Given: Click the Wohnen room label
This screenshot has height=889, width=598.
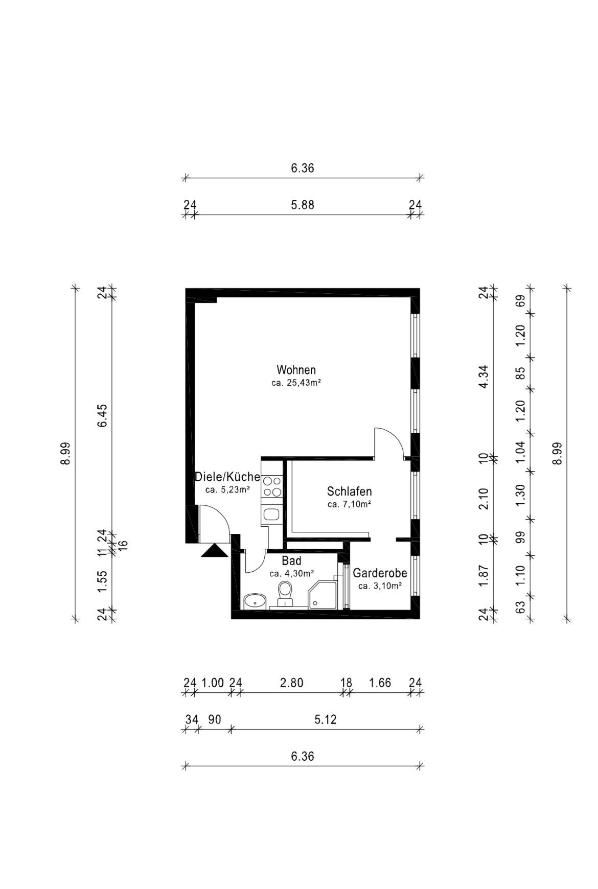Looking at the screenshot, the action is pyautogui.click(x=296, y=369).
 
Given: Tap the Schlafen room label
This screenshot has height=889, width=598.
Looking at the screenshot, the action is pyautogui.click(x=349, y=492).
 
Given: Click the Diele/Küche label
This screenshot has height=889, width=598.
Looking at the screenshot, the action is pyautogui.click(x=227, y=477).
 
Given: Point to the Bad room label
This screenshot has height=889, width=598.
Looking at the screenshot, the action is pyautogui.click(x=291, y=561).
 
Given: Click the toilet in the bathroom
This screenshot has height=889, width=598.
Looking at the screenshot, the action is pyautogui.click(x=284, y=594).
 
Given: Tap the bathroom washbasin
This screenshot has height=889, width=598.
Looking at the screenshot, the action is pyautogui.click(x=254, y=601).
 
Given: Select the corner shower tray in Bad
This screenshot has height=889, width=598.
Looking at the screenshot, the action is pyautogui.click(x=323, y=594).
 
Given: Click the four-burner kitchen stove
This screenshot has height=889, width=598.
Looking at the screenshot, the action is pyautogui.click(x=272, y=486).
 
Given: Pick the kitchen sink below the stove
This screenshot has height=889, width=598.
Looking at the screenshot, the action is pyautogui.click(x=271, y=514).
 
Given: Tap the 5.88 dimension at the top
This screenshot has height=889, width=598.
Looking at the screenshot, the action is pyautogui.click(x=303, y=205).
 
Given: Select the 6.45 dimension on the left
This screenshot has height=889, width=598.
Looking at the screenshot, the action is pyautogui.click(x=103, y=415).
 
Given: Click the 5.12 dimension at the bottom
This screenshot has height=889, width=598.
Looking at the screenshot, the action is pyautogui.click(x=325, y=719).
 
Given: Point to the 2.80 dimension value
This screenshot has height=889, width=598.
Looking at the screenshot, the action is pyautogui.click(x=291, y=683).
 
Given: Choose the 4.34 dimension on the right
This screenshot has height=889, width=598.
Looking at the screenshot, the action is pyautogui.click(x=484, y=377).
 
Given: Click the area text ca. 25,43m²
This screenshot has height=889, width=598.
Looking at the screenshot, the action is pyautogui.click(x=296, y=383).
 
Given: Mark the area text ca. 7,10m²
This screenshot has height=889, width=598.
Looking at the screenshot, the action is pyautogui.click(x=349, y=505).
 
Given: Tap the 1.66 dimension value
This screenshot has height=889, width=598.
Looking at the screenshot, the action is pyautogui.click(x=380, y=683).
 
